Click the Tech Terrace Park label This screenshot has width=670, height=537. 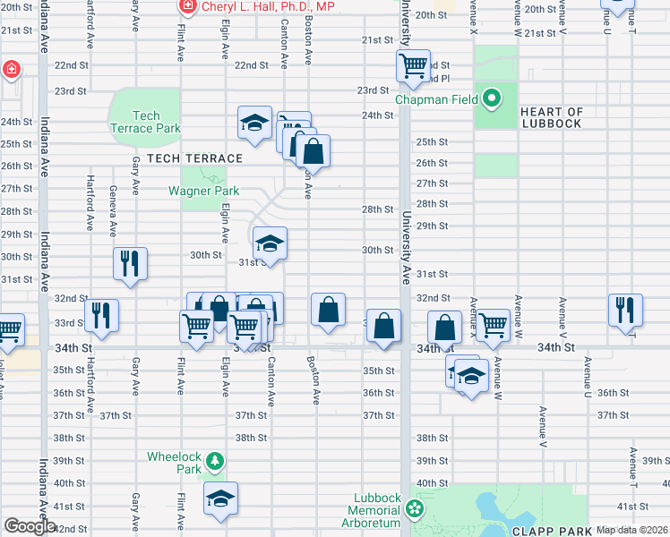pyautogui.click(x=145, y=122)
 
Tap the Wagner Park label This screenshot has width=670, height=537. pyautogui.click(x=203, y=191)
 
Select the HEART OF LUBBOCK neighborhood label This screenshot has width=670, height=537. pyautogui.click(x=551, y=118)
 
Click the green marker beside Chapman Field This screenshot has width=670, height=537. pyautogui.click(x=492, y=98)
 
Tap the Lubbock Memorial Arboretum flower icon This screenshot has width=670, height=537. pyautogui.click(x=414, y=509)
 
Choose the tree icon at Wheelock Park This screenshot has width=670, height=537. pyautogui.click(x=214, y=462)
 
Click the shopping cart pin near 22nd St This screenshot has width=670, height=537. pyautogui.click(x=413, y=66)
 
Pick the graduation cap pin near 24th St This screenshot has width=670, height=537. pyautogui.click(x=254, y=122)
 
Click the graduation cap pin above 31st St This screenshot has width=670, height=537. pyautogui.click(x=270, y=243)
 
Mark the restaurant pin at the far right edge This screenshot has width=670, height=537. pyautogui.click(x=625, y=309)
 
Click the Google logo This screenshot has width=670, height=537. pyautogui.click(x=30, y=526)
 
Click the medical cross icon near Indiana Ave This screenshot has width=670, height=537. pyautogui.click(x=10, y=69)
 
